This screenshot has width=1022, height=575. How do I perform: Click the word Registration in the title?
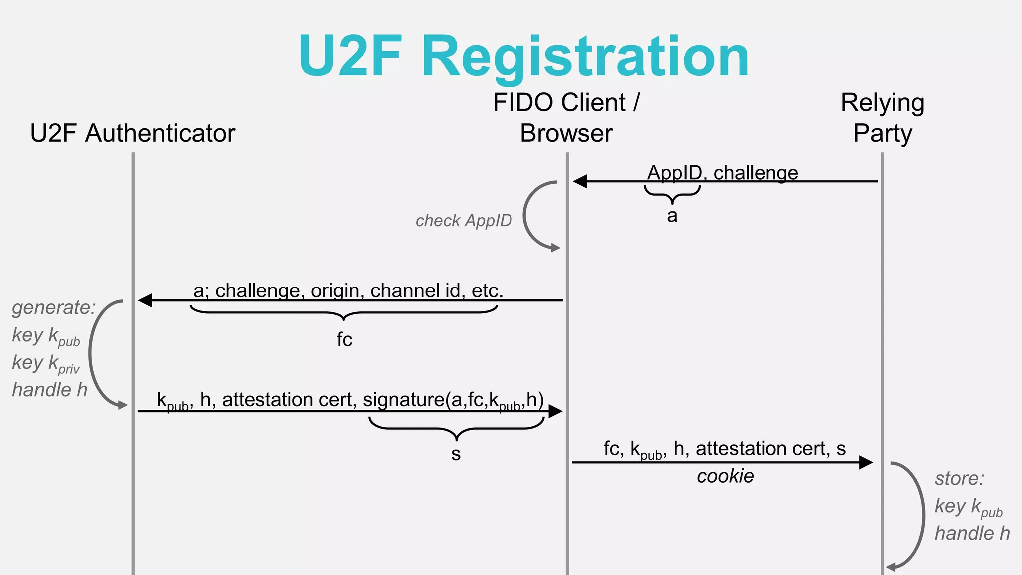pyautogui.click(x=585, y=57)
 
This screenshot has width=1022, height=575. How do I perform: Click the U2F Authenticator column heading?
pyautogui.click(x=132, y=133)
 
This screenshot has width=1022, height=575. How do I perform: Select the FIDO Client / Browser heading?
pyautogui.click(x=566, y=118)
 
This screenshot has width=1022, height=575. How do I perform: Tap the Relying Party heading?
pyautogui.click(x=882, y=118)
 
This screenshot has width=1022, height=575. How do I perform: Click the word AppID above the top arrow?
pyautogui.click(x=674, y=173)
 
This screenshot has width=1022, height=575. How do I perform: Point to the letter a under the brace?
pyautogui.click(x=672, y=216)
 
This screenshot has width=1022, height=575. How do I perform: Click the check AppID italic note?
pyautogui.click(x=464, y=221)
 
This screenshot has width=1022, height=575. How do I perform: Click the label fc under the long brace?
pyautogui.click(x=344, y=340)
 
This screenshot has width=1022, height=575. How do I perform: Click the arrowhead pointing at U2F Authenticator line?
pyautogui.click(x=145, y=300)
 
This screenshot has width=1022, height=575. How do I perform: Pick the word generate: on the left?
pyautogui.click(x=53, y=307)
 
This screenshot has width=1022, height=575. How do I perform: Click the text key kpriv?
pyautogui.click(x=46, y=363)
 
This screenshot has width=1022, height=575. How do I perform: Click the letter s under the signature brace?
pyautogui.click(x=456, y=454)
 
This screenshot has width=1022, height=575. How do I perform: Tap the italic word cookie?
pyautogui.click(x=725, y=476)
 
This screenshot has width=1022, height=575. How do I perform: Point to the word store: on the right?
pyautogui.click(x=959, y=478)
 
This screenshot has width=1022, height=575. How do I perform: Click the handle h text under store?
pyautogui.click(x=972, y=533)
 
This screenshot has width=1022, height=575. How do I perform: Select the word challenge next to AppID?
pyautogui.click(x=756, y=173)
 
